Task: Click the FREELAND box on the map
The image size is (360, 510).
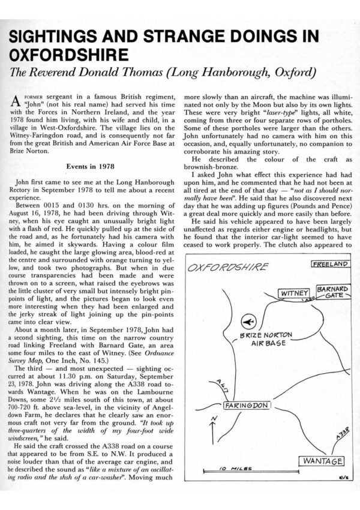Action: pyautogui.click(x=330, y=263)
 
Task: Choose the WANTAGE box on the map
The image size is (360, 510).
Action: pyautogui.click(x=321, y=461)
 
